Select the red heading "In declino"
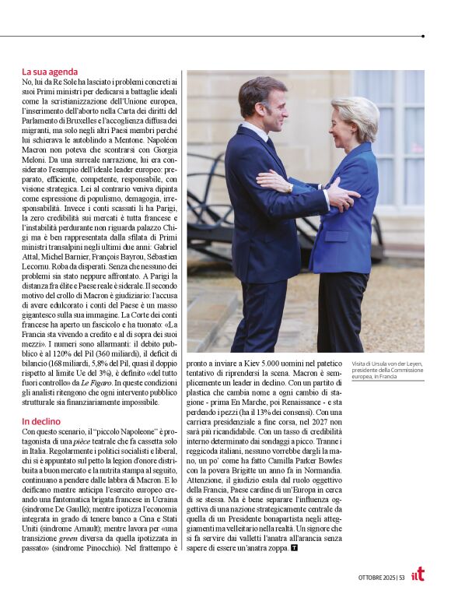pyautogui.click(x=43, y=421)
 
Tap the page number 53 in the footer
pyautogui.click(x=402, y=577)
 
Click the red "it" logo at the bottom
pyautogui.click(x=418, y=574)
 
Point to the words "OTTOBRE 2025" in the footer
pyautogui.click(x=376, y=577)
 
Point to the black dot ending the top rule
pyautogui.click(x=422, y=36)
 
